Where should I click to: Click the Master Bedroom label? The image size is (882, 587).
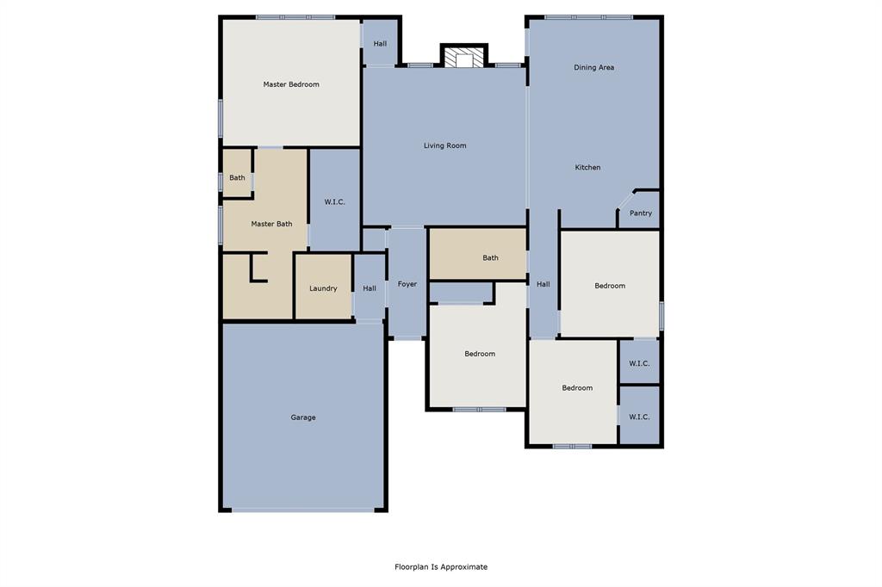tap(291, 84)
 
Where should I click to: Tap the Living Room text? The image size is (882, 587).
tap(444, 145)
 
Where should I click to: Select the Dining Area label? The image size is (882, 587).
tap(593, 67)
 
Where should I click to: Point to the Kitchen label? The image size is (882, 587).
tap(587, 167)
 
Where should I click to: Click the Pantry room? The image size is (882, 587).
tap(640, 213)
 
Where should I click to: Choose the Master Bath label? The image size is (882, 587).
tap(271, 224)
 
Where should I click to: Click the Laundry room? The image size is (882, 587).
tap(323, 288)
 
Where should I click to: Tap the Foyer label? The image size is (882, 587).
tap(407, 284)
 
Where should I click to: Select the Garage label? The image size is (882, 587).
tap(302, 417)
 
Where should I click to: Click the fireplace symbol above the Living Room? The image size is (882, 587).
tap(464, 58)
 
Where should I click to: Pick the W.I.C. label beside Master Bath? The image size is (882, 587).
tap(334, 201)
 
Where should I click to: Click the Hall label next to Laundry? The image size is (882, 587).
tap(369, 288)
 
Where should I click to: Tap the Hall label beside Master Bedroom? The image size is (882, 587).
tap(379, 43)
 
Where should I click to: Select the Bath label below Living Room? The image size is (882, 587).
tap(490, 257)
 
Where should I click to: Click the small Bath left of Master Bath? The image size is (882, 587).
tap(237, 178)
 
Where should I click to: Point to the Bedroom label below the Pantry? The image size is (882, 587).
tap(609, 286)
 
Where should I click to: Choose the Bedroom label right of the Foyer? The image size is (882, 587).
tap(480, 354)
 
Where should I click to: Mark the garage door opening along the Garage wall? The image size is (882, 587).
tap(303, 510)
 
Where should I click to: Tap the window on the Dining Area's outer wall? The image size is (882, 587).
tap(588, 17)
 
